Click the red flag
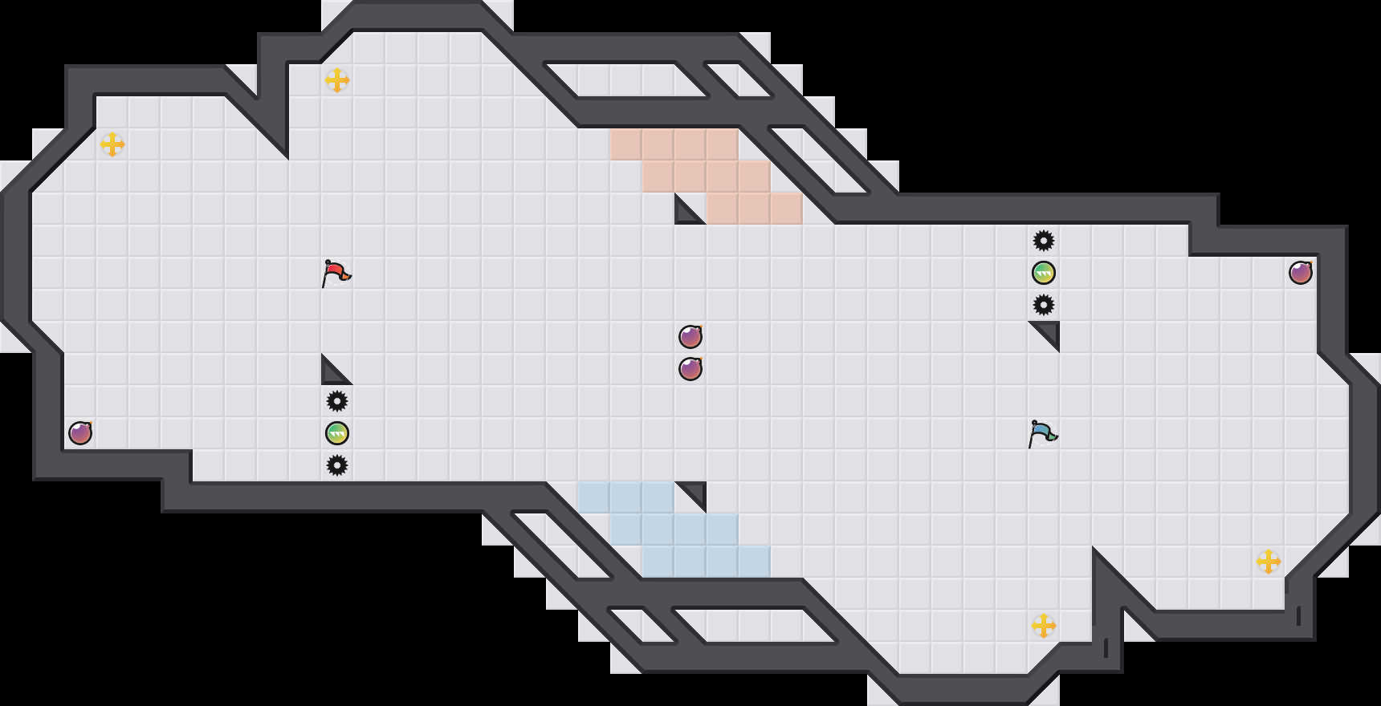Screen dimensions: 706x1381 pos(336,273)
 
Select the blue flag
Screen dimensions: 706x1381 pos(1043,433)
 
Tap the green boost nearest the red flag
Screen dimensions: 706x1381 pos(337,433)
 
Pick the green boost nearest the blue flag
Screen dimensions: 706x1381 pos(1044,273)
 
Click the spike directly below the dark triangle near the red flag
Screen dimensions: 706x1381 pos(337,401)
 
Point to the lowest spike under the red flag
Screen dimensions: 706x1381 pos(337,465)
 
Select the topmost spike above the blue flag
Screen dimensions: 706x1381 pos(1044,241)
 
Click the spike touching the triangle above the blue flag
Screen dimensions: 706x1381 pos(1044,305)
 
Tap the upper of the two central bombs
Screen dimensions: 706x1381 pos(690,337)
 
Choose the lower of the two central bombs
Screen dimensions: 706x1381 pos(690,369)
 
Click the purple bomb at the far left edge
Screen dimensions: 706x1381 pos(80,433)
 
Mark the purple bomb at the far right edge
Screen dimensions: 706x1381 pos(1301,273)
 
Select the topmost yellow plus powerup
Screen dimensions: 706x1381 pos(337,80)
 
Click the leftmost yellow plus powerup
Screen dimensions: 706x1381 pos(112,144)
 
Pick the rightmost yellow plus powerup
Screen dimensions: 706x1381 pos(1269,562)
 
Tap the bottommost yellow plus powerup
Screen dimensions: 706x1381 pos(1044,626)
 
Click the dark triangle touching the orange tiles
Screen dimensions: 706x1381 pos(685,213)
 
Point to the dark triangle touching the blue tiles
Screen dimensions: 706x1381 pos(696,493)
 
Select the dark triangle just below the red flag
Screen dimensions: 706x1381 pos(332,374)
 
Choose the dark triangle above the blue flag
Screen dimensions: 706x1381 pos(1049,332)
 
